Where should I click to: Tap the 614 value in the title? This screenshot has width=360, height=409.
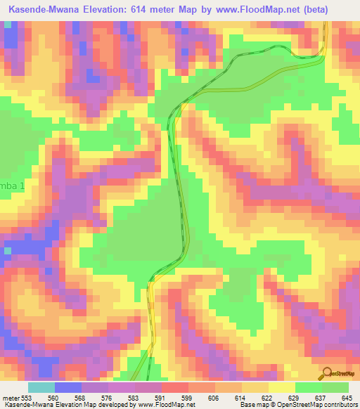[152, 9]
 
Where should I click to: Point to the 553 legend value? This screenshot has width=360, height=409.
[26, 398]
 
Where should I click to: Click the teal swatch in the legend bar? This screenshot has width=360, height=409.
[41, 387]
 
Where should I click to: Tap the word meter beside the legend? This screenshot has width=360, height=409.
[9, 398]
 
